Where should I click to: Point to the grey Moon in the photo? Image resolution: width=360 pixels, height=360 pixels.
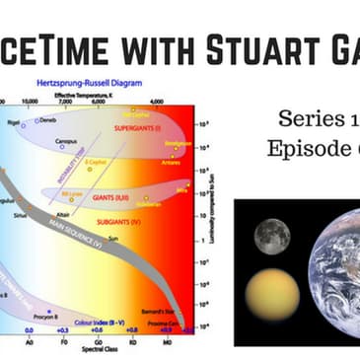coord(270,236)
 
